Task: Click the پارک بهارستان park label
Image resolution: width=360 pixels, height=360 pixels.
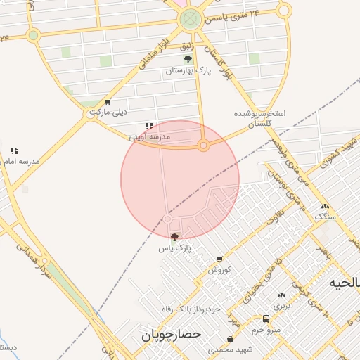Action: pos(184,71)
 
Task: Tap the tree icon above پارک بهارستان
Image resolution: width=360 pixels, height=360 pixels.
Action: pos(187,60)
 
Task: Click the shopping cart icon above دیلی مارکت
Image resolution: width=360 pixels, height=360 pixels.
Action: pos(107,102)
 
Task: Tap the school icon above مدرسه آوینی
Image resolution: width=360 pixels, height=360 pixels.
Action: pos(148,126)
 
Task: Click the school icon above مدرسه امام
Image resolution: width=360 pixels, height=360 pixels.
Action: pos(14,150)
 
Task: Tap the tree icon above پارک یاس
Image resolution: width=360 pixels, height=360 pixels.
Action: pos(174,237)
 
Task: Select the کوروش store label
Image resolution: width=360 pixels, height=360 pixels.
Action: pos(219,269)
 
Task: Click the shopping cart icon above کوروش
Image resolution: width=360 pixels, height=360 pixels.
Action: pos(219,259)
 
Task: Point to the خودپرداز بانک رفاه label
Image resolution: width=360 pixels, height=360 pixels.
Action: pos(191,308)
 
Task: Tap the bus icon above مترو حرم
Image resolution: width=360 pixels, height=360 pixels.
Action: pos(266,319)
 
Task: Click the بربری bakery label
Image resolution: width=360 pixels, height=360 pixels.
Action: pos(281,306)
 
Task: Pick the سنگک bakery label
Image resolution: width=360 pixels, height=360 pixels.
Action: pos(325,217)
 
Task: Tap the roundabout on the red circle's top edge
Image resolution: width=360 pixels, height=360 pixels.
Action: pos(203,146)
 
